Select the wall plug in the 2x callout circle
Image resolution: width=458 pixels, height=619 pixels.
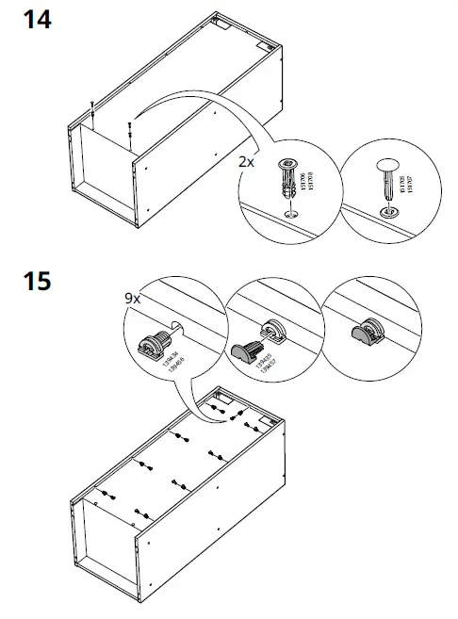tap(286, 180)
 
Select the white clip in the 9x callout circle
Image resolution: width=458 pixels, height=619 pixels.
tap(154, 343)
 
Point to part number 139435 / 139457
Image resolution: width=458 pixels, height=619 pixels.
tap(270, 363)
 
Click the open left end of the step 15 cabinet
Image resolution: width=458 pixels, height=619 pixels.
tap(106, 546)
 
